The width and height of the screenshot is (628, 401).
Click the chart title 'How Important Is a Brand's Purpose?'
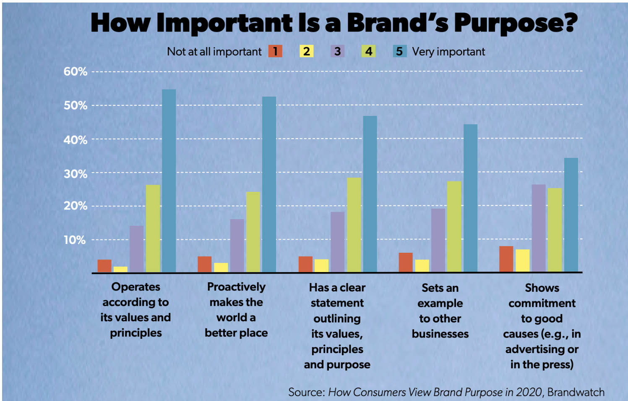[334, 23]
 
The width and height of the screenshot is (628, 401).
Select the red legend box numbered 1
[275, 51]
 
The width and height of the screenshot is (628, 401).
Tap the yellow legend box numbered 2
[306, 51]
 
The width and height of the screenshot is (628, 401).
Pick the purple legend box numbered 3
[337, 51]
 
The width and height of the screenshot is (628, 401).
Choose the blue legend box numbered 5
[399, 51]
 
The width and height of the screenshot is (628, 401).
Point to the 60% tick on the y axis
[76, 71]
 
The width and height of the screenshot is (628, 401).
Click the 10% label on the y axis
[75, 240]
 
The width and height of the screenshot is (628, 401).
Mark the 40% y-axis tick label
[76, 139]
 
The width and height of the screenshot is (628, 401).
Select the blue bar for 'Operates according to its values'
[169, 181]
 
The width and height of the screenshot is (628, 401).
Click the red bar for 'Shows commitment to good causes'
[506, 259]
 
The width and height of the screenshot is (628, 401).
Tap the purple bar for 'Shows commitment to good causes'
[539, 228]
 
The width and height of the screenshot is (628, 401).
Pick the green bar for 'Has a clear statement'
[354, 225]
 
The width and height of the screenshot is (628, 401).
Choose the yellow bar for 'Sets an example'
[422, 266]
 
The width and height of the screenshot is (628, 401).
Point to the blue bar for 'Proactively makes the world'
[269, 184]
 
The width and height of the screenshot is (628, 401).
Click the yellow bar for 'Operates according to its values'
[120, 269]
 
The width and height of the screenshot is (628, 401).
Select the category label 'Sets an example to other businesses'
[440, 311]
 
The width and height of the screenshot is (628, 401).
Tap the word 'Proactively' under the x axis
[236, 287]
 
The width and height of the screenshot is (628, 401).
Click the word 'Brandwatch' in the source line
[576, 392]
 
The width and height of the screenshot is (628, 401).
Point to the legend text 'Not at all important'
[214, 52]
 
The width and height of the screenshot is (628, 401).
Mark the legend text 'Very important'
[448, 52]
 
